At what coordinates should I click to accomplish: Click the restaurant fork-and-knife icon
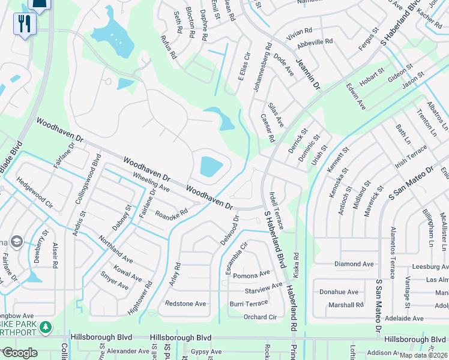tap(25, 24)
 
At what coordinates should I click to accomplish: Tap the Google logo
tap(20, 353)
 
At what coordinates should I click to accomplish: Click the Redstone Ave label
tap(185, 304)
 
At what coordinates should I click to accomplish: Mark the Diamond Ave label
tap(354, 264)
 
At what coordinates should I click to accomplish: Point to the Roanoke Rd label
tap(172, 212)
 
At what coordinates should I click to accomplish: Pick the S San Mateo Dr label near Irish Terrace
tap(412, 184)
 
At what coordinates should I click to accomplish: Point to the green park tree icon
tap(46, 328)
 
